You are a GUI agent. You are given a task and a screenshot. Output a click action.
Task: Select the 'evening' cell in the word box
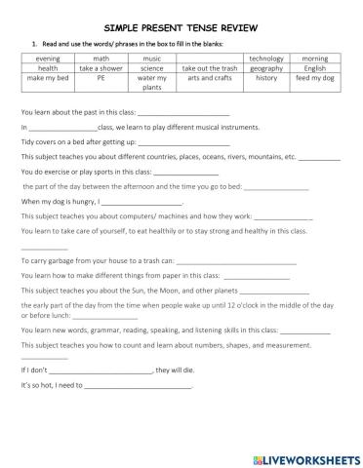click(x=47, y=58)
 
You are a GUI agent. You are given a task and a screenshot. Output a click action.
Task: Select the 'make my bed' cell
click(x=47, y=79)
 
